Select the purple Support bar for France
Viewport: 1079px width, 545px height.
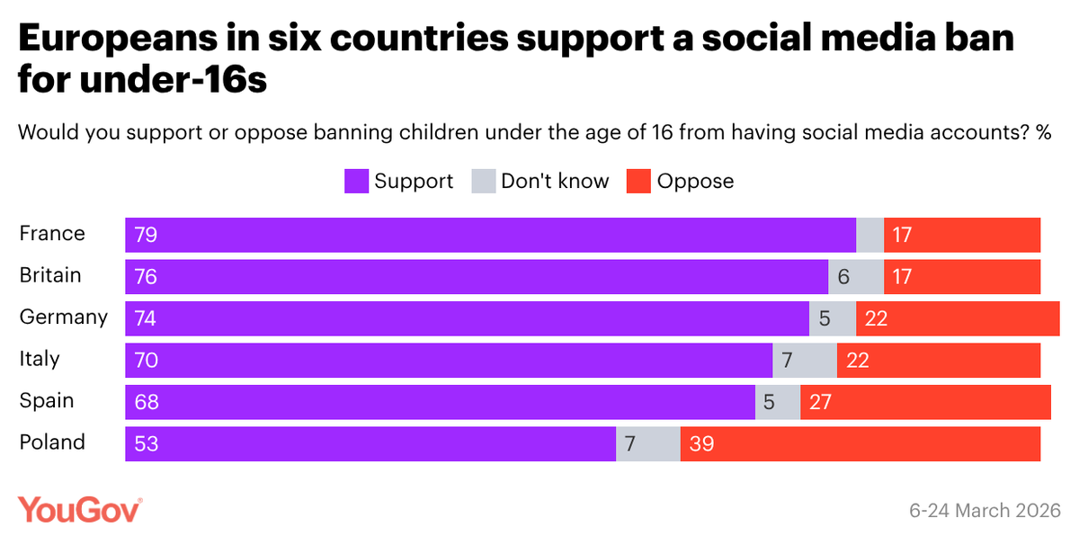(490, 235)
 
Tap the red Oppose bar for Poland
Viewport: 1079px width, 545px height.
(860, 443)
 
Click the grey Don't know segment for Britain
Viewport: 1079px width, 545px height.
(855, 277)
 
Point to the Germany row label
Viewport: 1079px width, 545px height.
(63, 317)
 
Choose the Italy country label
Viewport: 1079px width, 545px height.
(40, 359)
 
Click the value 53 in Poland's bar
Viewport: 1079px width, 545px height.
(146, 443)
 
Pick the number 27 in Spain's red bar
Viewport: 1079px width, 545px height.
(819, 402)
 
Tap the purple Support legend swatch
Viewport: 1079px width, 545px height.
(356, 182)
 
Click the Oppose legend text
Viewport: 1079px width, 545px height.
(695, 182)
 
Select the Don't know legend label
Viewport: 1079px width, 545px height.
(555, 182)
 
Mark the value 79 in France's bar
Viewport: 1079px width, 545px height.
(146, 235)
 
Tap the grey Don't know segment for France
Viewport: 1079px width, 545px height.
(869, 235)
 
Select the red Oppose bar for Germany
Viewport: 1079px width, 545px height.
(958, 318)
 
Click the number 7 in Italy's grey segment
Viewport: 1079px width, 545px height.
(787, 360)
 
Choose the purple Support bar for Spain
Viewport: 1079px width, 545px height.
(440, 402)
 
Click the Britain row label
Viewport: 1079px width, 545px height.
(50, 275)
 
